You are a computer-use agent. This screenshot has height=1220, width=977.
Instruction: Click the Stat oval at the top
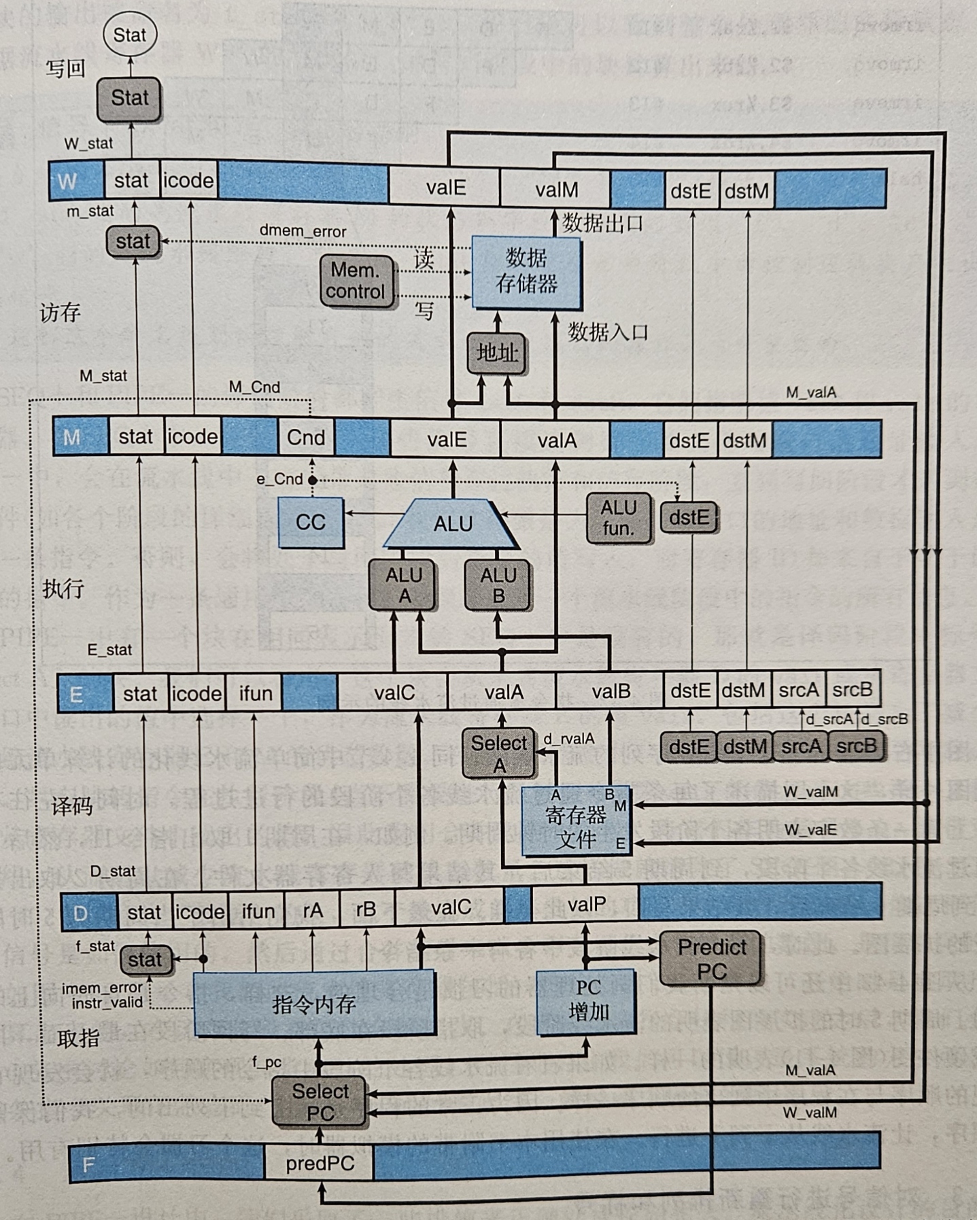(129, 35)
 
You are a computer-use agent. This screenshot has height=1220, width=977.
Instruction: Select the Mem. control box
(358, 281)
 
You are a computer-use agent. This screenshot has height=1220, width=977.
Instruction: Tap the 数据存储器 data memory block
(526, 271)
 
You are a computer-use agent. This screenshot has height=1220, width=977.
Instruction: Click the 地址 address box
(496, 353)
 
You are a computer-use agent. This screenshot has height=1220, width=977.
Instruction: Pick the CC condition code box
(311, 522)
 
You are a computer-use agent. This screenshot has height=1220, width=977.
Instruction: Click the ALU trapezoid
(453, 524)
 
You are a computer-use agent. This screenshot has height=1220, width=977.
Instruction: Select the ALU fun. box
(618, 518)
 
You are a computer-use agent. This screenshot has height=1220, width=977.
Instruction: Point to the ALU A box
(404, 585)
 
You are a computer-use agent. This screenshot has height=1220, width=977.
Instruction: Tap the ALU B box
(498, 585)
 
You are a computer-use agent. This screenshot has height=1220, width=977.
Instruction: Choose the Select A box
(499, 754)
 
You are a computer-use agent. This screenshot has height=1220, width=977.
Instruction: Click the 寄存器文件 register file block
(576, 821)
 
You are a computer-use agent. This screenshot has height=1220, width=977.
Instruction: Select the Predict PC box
(711, 958)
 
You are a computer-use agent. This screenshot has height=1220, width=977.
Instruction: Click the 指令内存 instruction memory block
(314, 1003)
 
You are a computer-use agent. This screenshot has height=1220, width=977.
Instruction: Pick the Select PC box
(320, 1102)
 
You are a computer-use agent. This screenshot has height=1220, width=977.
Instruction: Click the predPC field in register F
(320, 1164)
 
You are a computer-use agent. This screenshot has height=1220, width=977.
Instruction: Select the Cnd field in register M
(306, 438)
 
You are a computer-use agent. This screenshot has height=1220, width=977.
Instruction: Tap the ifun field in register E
(255, 693)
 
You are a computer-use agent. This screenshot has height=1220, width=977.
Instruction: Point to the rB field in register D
(366, 910)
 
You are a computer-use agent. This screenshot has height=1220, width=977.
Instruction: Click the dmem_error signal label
(303, 231)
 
